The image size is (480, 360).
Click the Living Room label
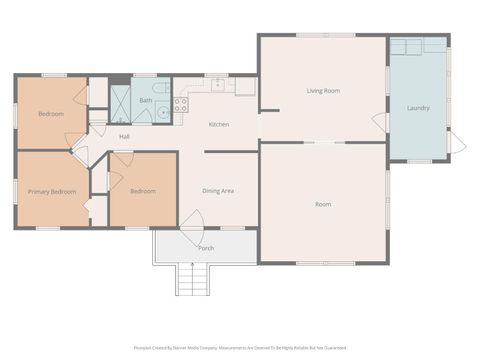[323, 91]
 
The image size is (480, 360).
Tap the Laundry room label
[418, 107]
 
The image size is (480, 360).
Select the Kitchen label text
[219, 124]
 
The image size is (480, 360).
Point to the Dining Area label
[218, 190]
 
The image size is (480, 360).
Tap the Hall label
[124, 136]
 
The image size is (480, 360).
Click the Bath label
[146, 100]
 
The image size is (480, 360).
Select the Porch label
[206, 248]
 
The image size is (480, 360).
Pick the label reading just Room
[323, 204]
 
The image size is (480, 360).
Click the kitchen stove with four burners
[181, 103]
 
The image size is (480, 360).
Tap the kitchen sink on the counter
[217, 85]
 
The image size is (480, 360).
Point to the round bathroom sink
[162, 113]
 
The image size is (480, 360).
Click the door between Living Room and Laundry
[381, 122]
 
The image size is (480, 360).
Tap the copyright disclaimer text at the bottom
[239, 348]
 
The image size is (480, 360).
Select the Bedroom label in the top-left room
[51, 114]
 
